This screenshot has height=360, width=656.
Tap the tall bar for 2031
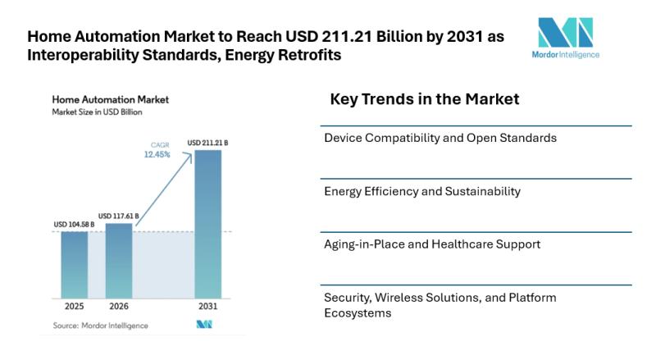tap(207, 222)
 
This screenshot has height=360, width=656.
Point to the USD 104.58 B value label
tap(75, 225)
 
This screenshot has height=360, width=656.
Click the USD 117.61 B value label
tap(119, 216)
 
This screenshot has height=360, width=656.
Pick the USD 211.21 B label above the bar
tap(207, 143)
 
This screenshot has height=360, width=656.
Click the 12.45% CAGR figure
tap(157, 154)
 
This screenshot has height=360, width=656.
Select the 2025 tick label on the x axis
tap(75, 308)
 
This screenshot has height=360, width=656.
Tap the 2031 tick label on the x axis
tap(207, 308)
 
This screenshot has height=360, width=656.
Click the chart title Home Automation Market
tap(111, 99)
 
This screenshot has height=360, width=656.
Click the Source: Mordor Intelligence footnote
tap(101, 326)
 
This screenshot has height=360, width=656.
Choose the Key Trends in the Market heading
tap(424, 99)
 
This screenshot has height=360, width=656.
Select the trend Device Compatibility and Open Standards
tap(440, 138)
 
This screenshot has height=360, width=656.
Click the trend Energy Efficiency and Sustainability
tap(422, 191)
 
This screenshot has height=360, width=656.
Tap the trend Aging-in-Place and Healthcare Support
tap(432, 244)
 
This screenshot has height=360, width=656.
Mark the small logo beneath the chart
tap(204, 325)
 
